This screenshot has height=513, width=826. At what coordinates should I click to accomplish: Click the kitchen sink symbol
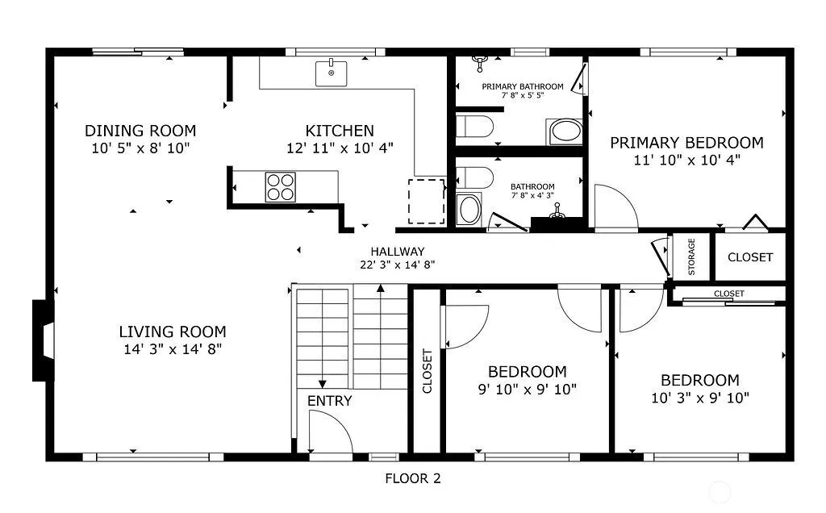[331, 73]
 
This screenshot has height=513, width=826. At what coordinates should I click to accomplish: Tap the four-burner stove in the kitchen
[280, 187]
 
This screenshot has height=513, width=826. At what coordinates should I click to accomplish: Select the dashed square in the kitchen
[427, 201]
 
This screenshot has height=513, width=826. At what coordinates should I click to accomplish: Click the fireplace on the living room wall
[44, 340]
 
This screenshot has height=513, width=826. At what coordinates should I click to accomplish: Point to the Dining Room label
[140, 131]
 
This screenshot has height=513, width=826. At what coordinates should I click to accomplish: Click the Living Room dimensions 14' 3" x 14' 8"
[173, 349]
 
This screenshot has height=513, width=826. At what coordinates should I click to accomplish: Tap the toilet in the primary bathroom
[474, 127]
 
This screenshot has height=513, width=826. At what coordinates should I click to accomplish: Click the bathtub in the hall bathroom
[469, 210]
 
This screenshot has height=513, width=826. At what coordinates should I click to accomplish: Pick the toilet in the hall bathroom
[474, 177]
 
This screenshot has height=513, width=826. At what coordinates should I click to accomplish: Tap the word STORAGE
[691, 257]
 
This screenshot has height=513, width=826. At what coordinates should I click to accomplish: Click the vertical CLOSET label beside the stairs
[428, 371]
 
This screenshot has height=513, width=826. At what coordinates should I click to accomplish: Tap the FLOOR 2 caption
[413, 478]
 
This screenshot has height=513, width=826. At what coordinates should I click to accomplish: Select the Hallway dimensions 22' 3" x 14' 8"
[397, 265]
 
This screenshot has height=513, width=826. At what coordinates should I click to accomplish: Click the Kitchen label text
[340, 131]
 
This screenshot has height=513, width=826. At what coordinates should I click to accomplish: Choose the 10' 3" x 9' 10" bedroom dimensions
[700, 398]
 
